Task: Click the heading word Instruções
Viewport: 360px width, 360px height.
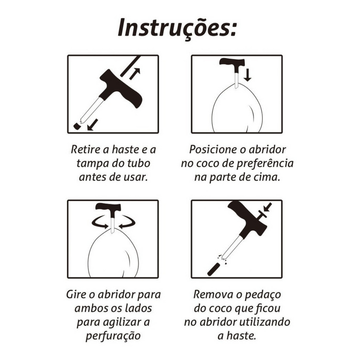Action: coord(177,28)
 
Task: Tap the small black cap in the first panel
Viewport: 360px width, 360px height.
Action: coord(77,126)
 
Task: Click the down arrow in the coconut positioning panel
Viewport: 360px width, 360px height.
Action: coord(247,75)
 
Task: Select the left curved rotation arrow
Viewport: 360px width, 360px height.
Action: coord(99,222)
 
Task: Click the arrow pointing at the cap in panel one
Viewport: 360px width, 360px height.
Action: coord(93,125)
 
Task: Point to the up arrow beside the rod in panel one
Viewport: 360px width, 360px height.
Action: coord(135,74)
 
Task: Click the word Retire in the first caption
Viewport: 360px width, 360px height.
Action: coord(86,150)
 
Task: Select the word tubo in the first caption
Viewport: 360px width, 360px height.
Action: coord(139,163)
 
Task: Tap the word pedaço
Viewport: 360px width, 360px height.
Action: coord(263,295)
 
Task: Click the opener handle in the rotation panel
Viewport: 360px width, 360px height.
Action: coord(108,207)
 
